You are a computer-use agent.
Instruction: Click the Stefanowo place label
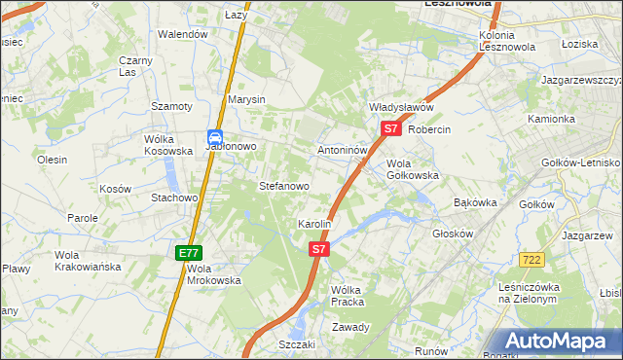point(283,185)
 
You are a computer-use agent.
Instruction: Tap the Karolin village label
point(314,224)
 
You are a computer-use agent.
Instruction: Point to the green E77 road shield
point(189,253)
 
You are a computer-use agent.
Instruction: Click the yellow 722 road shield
point(531,259)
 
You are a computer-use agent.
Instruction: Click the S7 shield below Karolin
point(319,249)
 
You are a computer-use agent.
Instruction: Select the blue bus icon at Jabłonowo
point(215,139)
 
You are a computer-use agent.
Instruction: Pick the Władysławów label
point(400,107)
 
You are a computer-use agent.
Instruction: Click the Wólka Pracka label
point(348,296)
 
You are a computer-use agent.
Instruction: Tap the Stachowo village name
point(174,198)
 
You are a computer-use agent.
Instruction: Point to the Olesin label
point(52,160)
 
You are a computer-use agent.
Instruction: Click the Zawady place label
point(350,327)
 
